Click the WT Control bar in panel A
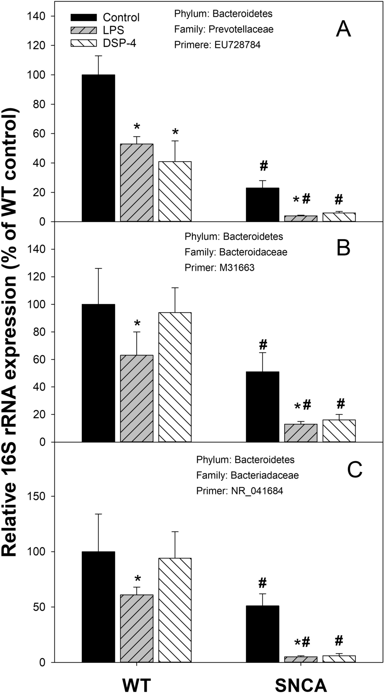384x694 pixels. tap(98, 148)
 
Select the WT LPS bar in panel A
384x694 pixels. tap(137, 183)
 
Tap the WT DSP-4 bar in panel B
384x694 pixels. tap(175, 377)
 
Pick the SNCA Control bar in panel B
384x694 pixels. tap(263, 407)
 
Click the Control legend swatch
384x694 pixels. tap(84, 17)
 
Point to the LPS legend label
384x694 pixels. tap(113, 30)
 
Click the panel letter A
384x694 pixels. tap(343, 29)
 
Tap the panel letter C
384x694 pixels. tap(354, 470)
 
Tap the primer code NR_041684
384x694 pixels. tap(257, 491)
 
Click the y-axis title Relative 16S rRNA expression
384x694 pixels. tap(10, 332)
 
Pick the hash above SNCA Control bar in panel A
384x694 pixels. tap(263, 166)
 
